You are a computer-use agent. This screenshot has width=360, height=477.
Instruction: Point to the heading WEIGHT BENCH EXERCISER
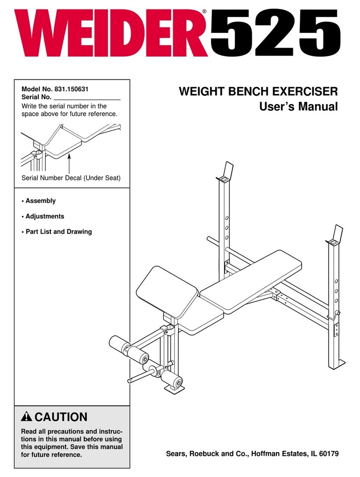(258, 93)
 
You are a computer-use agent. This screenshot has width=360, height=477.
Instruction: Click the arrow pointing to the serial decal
(70, 162)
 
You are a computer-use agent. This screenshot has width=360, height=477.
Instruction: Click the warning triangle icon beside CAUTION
(27, 418)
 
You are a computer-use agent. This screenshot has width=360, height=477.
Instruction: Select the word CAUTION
(61, 418)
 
